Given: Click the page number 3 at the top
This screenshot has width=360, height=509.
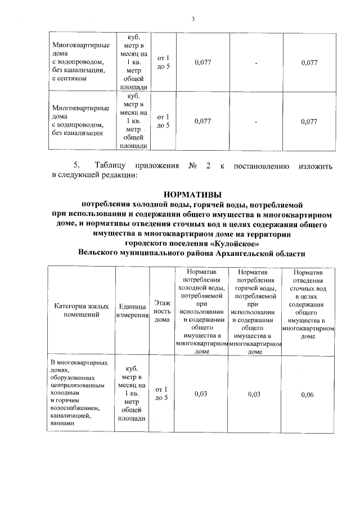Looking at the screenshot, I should tap(193, 20).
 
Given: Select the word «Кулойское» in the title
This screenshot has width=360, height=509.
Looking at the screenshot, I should tap(233, 243).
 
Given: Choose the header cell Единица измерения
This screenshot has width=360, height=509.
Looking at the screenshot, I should tap(132, 310).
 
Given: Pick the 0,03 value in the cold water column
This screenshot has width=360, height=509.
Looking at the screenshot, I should tap(201, 394).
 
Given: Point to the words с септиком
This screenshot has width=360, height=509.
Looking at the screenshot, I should tap(69, 79).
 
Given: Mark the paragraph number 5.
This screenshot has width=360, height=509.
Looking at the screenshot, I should tap(76, 166).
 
